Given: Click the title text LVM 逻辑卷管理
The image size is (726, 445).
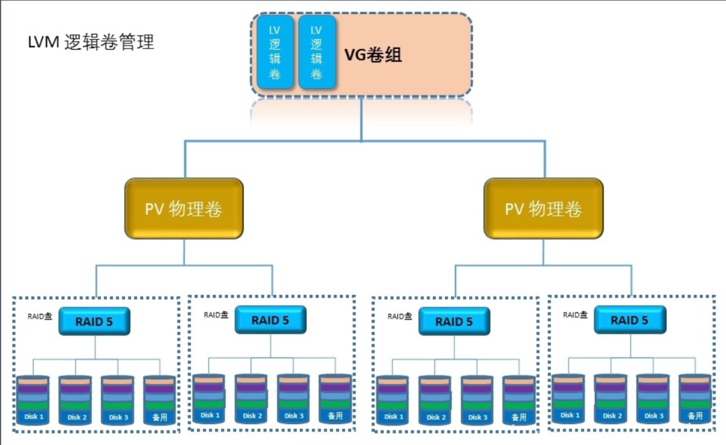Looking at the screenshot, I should (x=91, y=42).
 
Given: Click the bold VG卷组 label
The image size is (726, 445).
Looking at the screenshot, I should (x=373, y=55).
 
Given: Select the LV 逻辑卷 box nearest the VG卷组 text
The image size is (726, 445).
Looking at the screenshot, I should (x=317, y=52).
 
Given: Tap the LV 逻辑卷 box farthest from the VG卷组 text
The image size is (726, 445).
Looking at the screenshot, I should (x=275, y=52).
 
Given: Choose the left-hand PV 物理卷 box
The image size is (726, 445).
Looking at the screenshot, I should (x=184, y=208).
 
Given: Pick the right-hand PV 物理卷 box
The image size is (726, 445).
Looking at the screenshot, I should (x=543, y=208).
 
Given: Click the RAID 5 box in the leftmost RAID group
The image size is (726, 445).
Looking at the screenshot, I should (x=94, y=321).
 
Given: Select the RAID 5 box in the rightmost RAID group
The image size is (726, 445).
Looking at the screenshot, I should (x=630, y=320).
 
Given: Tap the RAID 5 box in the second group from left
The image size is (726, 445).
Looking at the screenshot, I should (x=270, y=320).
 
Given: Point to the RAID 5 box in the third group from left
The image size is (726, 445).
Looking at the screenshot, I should (x=454, y=321).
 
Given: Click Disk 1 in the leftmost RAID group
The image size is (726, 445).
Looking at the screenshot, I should (x=34, y=401).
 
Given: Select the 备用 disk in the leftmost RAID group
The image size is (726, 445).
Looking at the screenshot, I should (x=159, y=401).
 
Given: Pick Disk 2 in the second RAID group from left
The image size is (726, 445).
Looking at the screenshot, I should (x=251, y=399).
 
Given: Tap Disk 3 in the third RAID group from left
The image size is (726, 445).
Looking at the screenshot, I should (x=477, y=401).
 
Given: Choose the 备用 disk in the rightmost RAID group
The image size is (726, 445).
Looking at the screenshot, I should (x=694, y=399).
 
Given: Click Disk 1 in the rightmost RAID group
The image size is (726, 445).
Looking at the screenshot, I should (x=568, y=399).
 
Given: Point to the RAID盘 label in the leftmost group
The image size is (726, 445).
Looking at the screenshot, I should (x=40, y=315).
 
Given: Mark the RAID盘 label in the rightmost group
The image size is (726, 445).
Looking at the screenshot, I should (x=575, y=314).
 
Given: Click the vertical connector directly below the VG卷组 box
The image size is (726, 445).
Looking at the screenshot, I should (x=362, y=120).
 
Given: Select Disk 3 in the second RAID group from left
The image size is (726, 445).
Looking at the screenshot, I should (x=294, y=399).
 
